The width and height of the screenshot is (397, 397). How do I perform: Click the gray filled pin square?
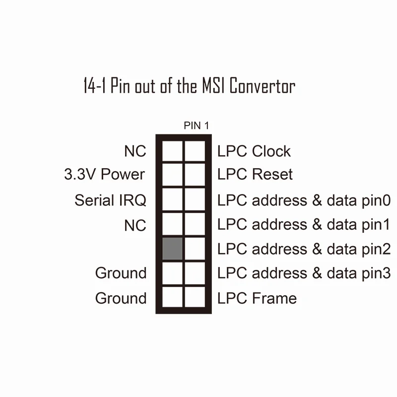[x=172, y=248]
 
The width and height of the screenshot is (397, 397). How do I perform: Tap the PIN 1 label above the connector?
[x=197, y=126]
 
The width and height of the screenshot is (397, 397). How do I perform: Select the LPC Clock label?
[x=254, y=151]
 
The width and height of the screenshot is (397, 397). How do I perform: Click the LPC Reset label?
[x=255, y=174]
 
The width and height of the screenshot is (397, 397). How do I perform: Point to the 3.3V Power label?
[x=105, y=174]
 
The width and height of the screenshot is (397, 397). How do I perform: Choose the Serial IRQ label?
[x=111, y=200]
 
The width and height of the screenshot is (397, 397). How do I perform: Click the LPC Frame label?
[x=257, y=298]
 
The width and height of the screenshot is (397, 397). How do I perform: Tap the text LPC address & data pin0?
[x=304, y=200]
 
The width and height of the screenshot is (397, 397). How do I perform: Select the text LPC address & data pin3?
[x=304, y=273]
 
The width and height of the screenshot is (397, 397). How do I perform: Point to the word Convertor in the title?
[x=263, y=86]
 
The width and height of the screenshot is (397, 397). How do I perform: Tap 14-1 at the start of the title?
[x=95, y=86]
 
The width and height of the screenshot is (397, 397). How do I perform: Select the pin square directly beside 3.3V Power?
[x=172, y=174]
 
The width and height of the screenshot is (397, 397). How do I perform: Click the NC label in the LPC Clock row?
[x=135, y=151]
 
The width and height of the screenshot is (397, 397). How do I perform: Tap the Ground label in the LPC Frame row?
[x=121, y=298]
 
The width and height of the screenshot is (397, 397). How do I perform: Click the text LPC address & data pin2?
[x=304, y=249]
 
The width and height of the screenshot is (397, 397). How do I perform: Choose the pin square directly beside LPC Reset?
[x=195, y=174]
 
